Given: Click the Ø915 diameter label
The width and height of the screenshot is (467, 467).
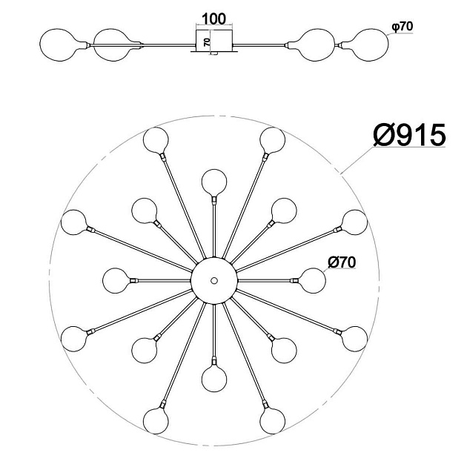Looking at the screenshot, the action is click(409, 135).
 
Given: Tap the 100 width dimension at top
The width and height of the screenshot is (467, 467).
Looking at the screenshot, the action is click(213, 19).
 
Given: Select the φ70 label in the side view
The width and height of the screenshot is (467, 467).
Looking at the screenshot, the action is click(403, 27).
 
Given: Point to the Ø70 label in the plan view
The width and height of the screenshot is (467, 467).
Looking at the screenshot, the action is click(342, 262).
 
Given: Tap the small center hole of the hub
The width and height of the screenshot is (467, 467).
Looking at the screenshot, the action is click(213, 280).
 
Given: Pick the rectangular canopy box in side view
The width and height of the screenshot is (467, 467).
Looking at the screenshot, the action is click(214, 41).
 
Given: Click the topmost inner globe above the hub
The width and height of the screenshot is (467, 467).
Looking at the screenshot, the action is click(214, 182).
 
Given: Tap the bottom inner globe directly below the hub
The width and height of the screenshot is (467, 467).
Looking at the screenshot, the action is click(214, 380).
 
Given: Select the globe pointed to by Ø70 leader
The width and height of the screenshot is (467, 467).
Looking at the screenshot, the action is click(313, 280).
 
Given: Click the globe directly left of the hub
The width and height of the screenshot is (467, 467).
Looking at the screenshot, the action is click(115, 280).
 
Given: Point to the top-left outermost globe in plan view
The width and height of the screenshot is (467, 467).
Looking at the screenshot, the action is click(156, 140).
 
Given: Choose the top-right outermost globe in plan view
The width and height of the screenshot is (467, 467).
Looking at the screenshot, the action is click(273, 140).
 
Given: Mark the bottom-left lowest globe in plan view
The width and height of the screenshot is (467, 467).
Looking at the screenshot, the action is click(156, 421).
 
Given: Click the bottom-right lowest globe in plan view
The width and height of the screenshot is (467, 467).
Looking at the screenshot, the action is click(273, 421).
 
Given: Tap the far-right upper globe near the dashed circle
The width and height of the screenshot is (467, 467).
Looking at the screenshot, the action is click(354, 222).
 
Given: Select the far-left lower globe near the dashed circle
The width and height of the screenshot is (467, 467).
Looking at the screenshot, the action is click(73, 339).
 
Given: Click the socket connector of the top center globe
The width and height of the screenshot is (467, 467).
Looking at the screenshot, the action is click(214, 199).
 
